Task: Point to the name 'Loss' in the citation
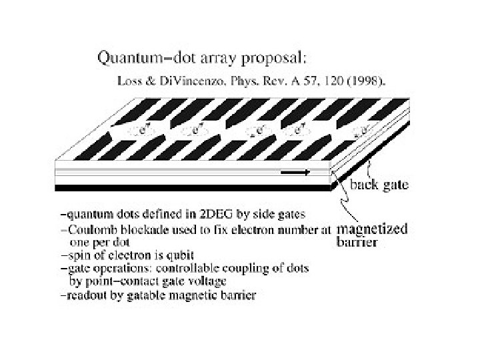[128, 81]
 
